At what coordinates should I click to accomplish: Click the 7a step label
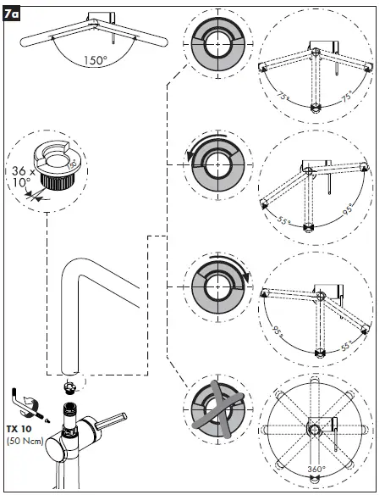point(13,13)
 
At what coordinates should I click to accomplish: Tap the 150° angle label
point(95,60)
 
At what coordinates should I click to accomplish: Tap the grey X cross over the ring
point(216,403)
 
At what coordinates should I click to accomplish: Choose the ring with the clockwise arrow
point(216,280)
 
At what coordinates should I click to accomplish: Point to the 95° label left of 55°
point(277,333)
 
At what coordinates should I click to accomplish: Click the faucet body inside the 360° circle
point(316,431)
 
